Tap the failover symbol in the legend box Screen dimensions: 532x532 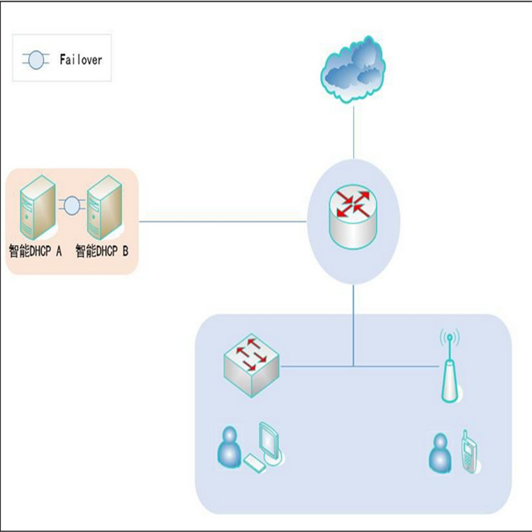point(35,60)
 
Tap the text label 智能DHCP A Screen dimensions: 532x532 point(36,250)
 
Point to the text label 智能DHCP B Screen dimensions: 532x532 point(102,250)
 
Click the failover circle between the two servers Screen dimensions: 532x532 point(71,206)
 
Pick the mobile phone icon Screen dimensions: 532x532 point(469,451)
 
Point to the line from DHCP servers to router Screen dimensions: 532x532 point(223,221)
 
